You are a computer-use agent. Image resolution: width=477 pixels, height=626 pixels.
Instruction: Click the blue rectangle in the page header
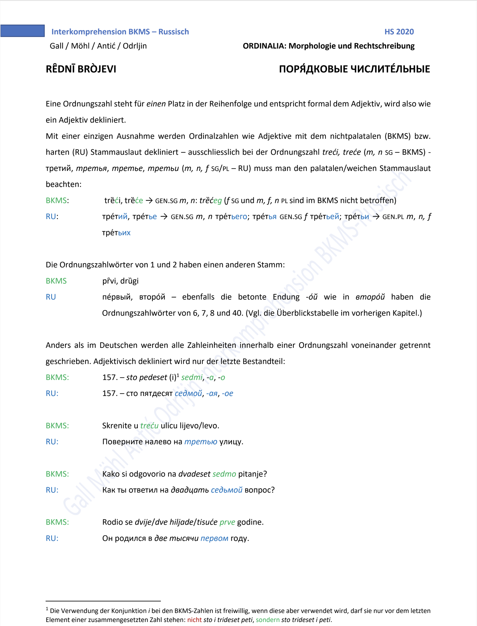23,31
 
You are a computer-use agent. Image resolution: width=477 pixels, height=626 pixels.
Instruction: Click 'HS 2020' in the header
399,32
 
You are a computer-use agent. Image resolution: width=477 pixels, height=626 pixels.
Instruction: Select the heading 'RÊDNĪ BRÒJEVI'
81,69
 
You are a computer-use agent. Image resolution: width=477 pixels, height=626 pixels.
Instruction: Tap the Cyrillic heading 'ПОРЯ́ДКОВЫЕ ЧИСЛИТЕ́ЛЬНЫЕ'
354,69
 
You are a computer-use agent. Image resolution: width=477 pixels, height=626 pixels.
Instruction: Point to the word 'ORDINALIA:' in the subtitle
264,46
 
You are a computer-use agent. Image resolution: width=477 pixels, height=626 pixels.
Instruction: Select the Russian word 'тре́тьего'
231,217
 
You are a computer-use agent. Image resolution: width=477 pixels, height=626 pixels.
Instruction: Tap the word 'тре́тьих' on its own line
116,233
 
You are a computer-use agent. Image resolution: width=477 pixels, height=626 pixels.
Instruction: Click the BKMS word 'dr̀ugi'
129,281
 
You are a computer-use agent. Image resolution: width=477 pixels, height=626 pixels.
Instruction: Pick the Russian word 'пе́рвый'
117,297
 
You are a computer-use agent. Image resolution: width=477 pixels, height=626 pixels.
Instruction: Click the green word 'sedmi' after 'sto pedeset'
192,377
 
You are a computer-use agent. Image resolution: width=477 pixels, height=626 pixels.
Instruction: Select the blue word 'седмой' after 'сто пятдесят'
188,393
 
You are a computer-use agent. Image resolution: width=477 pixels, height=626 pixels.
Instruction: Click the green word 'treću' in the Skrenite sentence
149,426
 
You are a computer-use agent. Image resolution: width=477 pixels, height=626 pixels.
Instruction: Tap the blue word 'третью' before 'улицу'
201,442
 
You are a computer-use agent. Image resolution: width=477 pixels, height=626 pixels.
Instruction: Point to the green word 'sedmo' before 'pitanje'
224,474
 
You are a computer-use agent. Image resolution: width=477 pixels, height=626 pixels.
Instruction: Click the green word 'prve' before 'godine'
227,522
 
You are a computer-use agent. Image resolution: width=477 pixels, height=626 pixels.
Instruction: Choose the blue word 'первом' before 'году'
214,538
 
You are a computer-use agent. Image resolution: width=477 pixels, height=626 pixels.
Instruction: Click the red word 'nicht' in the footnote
194,620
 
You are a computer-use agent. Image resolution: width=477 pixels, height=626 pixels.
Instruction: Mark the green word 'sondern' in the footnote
267,620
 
